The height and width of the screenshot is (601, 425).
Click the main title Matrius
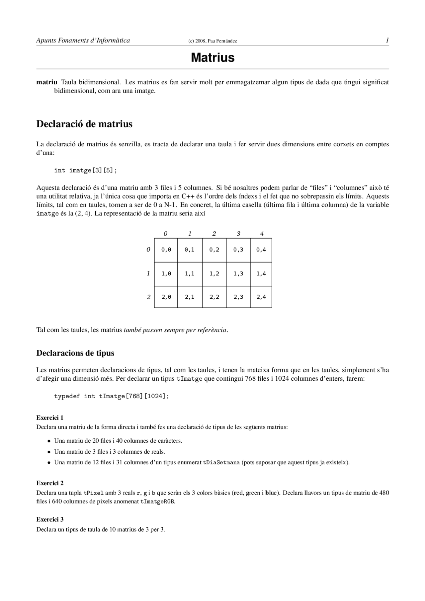pyautogui.click(x=212, y=58)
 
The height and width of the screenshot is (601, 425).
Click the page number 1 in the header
pyautogui.click(x=387, y=40)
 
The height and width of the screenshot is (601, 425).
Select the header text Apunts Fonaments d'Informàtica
pyautogui.click(x=83, y=40)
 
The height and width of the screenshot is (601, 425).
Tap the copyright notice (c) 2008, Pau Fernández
pyautogui.click(x=212, y=41)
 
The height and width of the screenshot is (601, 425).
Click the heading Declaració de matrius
pyautogui.click(x=84, y=124)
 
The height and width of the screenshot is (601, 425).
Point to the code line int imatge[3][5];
pyautogui.click(x=86, y=170)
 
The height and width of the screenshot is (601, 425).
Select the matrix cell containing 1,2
pyautogui.click(x=214, y=274)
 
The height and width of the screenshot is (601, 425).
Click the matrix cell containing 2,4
pyautogui.click(x=261, y=297)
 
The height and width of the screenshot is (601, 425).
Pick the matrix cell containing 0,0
pyautogui.click(x=166, y=250)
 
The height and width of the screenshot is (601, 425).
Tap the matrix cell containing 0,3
pyautogui.click(x=238, y=250)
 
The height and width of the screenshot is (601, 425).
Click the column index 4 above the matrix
pyautogui.click(x=262, y=234)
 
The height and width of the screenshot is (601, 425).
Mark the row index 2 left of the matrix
pyautogui.click(x=148, y=297)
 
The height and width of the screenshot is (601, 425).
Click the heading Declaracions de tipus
pyautogui.click(x=75, y=353)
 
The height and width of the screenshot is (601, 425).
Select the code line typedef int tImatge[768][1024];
pyautogui.click(x=112, y=396)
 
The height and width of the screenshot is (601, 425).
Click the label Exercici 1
pyautogui.click(x=50, y=417)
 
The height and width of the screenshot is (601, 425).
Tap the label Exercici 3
pyautogui.click(x=50, y=519)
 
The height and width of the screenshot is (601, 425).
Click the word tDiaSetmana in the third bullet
pyautogui.click(x=221, y=463)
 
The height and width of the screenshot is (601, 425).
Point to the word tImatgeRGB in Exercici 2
pyautogui.click(x=157, y=502)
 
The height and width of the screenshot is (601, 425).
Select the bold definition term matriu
pyautogui.click(x=46, y=82)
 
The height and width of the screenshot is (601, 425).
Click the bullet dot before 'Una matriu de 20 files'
pyautogui.click(x=48, y=441)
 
